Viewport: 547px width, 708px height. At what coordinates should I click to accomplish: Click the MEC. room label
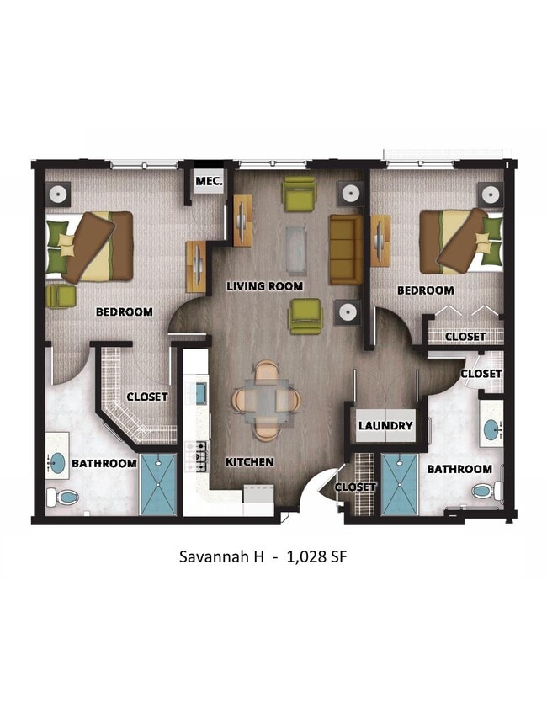tap(208, 181)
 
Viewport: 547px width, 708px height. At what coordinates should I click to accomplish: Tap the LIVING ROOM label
tap(264, 286)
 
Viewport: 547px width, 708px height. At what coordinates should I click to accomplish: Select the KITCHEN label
tap(249, 462)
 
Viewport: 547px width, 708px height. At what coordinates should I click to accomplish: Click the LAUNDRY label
tap(385, 426)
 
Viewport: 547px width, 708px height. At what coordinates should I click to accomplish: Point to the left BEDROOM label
tap(125, 312)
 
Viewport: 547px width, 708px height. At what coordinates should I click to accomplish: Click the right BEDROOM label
tap(425, 290)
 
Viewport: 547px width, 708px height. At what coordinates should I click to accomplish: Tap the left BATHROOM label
tap(104, 463)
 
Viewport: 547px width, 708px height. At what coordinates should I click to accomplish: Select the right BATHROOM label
tap(459, 469)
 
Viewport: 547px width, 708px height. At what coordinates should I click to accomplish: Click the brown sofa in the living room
tap(345, 249)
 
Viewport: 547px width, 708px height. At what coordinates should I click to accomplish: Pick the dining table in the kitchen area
tap(266, 399)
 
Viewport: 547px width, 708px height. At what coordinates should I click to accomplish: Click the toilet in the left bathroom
tap(63, 496)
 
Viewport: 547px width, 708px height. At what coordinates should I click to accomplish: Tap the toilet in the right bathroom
tap(486, 490)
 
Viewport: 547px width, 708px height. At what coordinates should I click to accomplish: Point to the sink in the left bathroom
tap(57, 462)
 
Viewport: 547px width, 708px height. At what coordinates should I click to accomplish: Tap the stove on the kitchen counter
tap(201, 455)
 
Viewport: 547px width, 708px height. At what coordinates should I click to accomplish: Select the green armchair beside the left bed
tap(61, 296)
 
